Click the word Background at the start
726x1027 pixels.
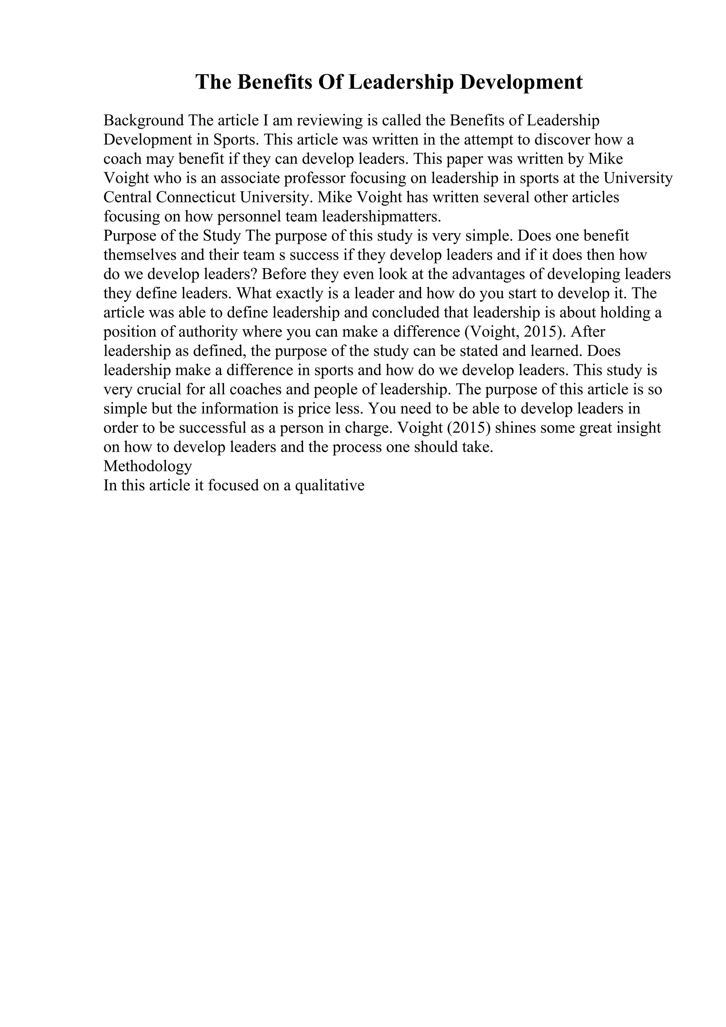point(144,120)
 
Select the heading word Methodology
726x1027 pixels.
point(147,466)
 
